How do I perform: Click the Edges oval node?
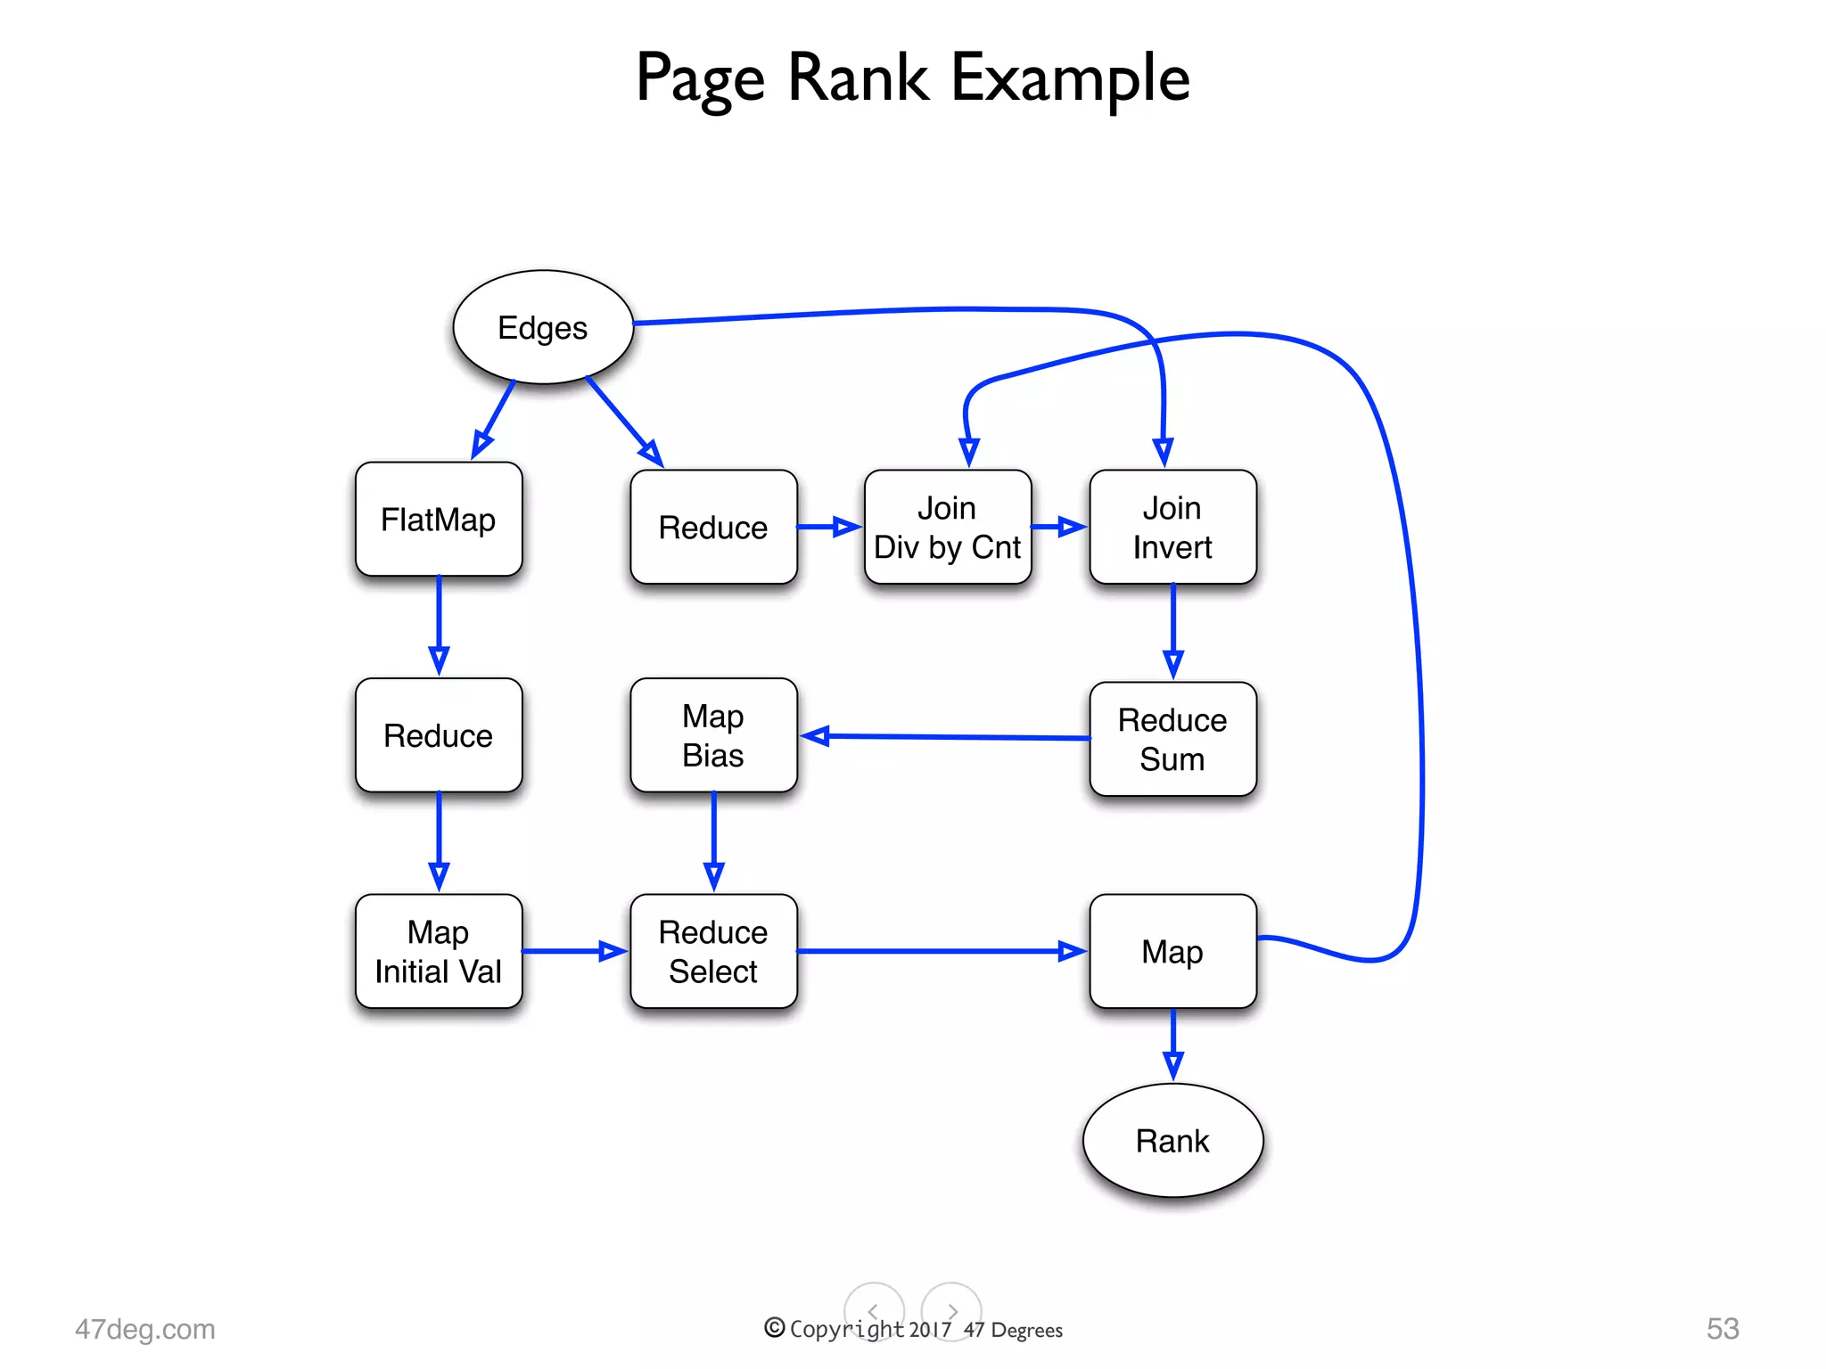click(543, 327)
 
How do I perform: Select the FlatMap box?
click(438, 520)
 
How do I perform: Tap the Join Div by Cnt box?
click(947, 528)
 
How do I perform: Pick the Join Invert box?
click(1172, 528)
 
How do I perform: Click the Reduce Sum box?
click(1172, 740)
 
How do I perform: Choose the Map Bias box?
click(713, 736)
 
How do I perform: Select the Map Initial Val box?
click(438, 952)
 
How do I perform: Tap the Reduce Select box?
click(713, 952)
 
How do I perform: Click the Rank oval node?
click(1172, 1141)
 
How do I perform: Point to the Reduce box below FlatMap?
click(438, 736)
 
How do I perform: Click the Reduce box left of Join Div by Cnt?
click(713, 528)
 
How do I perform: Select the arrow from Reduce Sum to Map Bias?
click(945, 737)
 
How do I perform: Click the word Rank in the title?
click(859, 78)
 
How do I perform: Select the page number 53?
click(1723, 1329)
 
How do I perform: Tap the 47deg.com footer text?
click(145, 1329)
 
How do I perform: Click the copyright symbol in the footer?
click(775, 1328)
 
